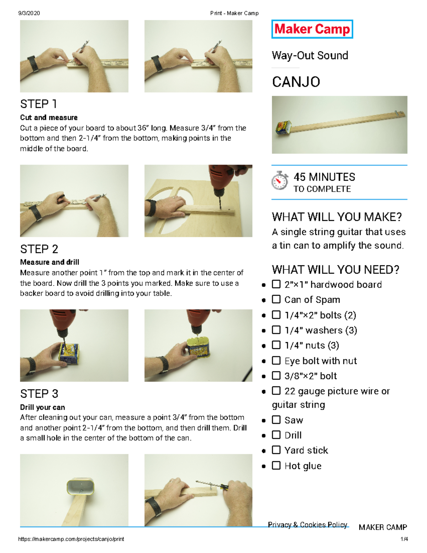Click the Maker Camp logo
coord(312,29)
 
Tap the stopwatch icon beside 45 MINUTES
coord(280,181)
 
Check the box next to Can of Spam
coord(276,299)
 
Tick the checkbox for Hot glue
coord(276,465)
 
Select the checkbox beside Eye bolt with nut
coord(276,360)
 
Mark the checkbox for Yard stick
coord(276,450)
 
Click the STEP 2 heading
coord(39,249)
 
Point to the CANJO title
coord(296,82)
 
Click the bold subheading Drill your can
coord(42,407)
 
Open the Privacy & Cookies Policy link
coord(307,525)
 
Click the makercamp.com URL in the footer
coord(71,539)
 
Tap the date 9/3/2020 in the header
coord(29,13)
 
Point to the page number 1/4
coord(404,539)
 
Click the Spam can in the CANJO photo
coord(283,127)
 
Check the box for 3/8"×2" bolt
coord(276,375)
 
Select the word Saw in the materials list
coord(294,420)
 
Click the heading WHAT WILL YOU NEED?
coord(336,270)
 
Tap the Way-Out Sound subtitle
coord(310,56)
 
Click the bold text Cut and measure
coord(49,118)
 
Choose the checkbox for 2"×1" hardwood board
coord(276,284)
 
